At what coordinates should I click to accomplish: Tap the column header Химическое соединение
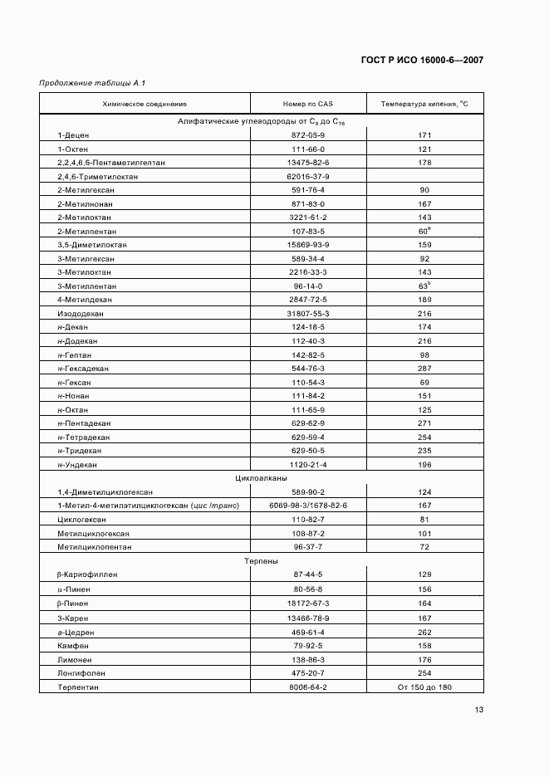point(145,104)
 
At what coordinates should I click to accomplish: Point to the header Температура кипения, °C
point(424,104)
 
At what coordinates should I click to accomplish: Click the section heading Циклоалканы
point(261,478)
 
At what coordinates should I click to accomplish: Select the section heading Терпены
point(261,561)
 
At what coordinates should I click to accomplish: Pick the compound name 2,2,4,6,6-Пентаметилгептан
point(111,163)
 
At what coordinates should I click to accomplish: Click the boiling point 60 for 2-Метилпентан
point(424,231)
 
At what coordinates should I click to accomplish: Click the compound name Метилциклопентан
point(95,547)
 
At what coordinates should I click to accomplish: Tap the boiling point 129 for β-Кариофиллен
point(424,574)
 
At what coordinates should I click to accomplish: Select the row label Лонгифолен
point(81,672)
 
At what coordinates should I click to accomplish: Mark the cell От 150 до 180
point(424,687)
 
